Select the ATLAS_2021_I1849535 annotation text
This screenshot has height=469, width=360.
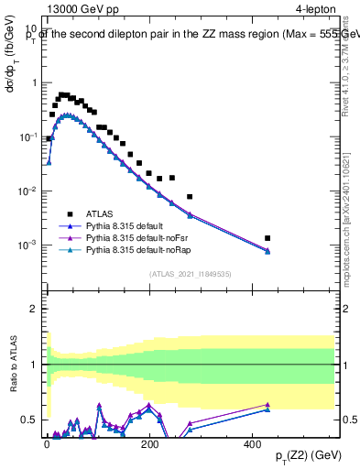pyautogui.click(x=190, y=273)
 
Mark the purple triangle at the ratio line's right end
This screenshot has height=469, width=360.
pyautogui.click(x=267, y=404)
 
